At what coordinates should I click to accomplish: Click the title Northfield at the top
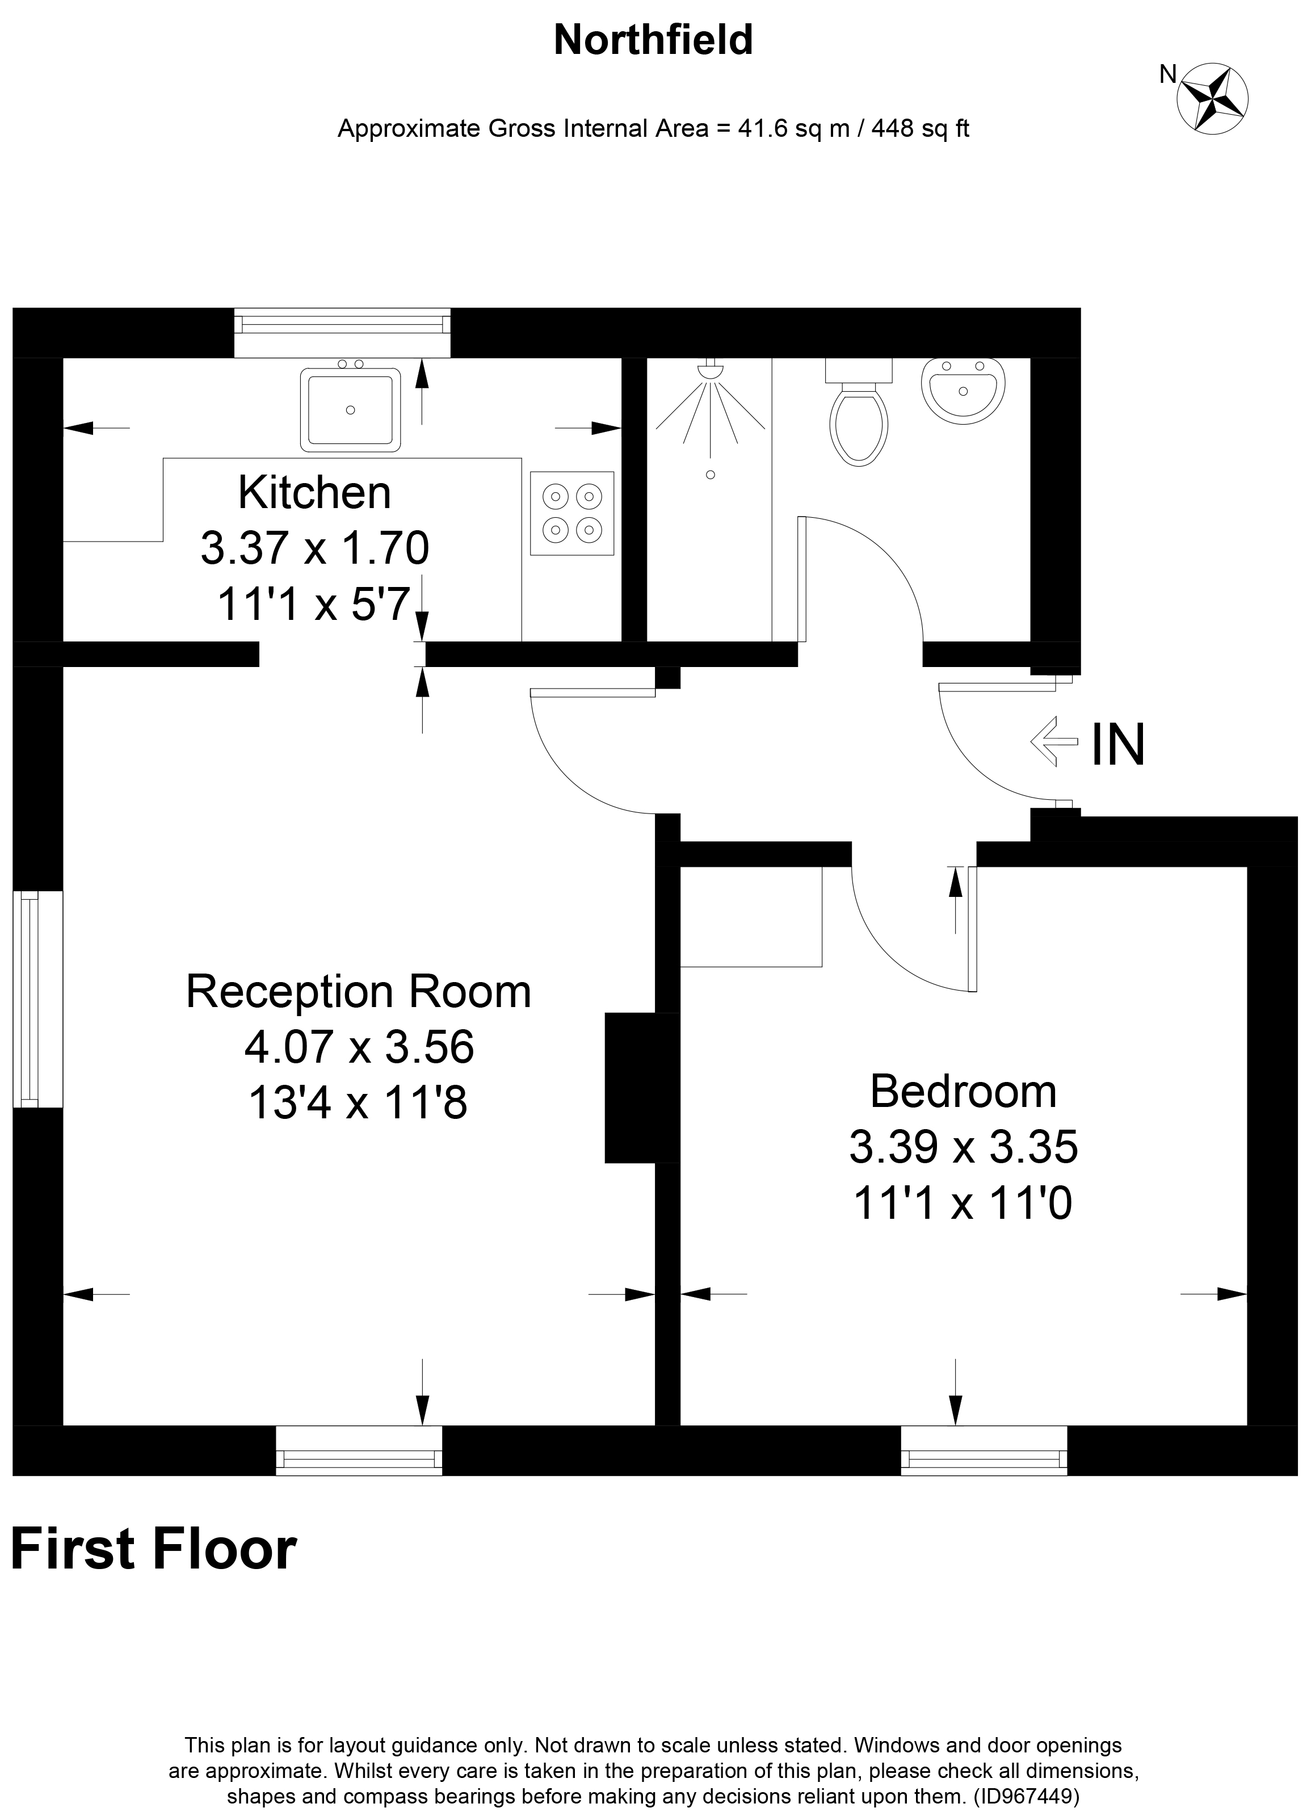click(653, 40)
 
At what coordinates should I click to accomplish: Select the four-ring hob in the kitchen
click(571, 513)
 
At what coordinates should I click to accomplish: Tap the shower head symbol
click(710, 371)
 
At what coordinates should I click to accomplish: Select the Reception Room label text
click(359, 991)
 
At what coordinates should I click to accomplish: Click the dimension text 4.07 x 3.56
click(359, 1047)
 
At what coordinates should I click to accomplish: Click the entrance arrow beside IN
click(1054, 741)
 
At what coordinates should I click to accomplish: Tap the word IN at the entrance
click(1118, 745)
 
